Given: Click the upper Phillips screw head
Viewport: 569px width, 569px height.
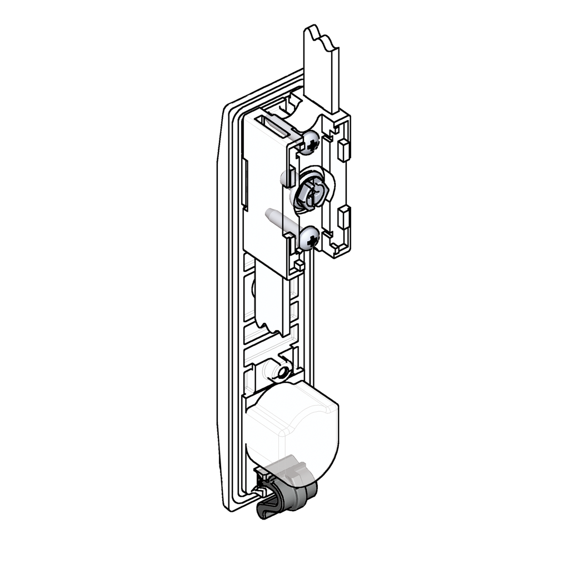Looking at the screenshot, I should click(311, 142).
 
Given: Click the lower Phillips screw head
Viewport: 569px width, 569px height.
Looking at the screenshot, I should click(310, 238).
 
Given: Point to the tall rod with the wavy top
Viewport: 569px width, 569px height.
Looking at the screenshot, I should click(321, 67).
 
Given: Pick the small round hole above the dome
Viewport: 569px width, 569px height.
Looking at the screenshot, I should click(282, 371).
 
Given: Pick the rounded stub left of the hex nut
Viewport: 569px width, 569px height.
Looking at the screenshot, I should click(287, 178).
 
